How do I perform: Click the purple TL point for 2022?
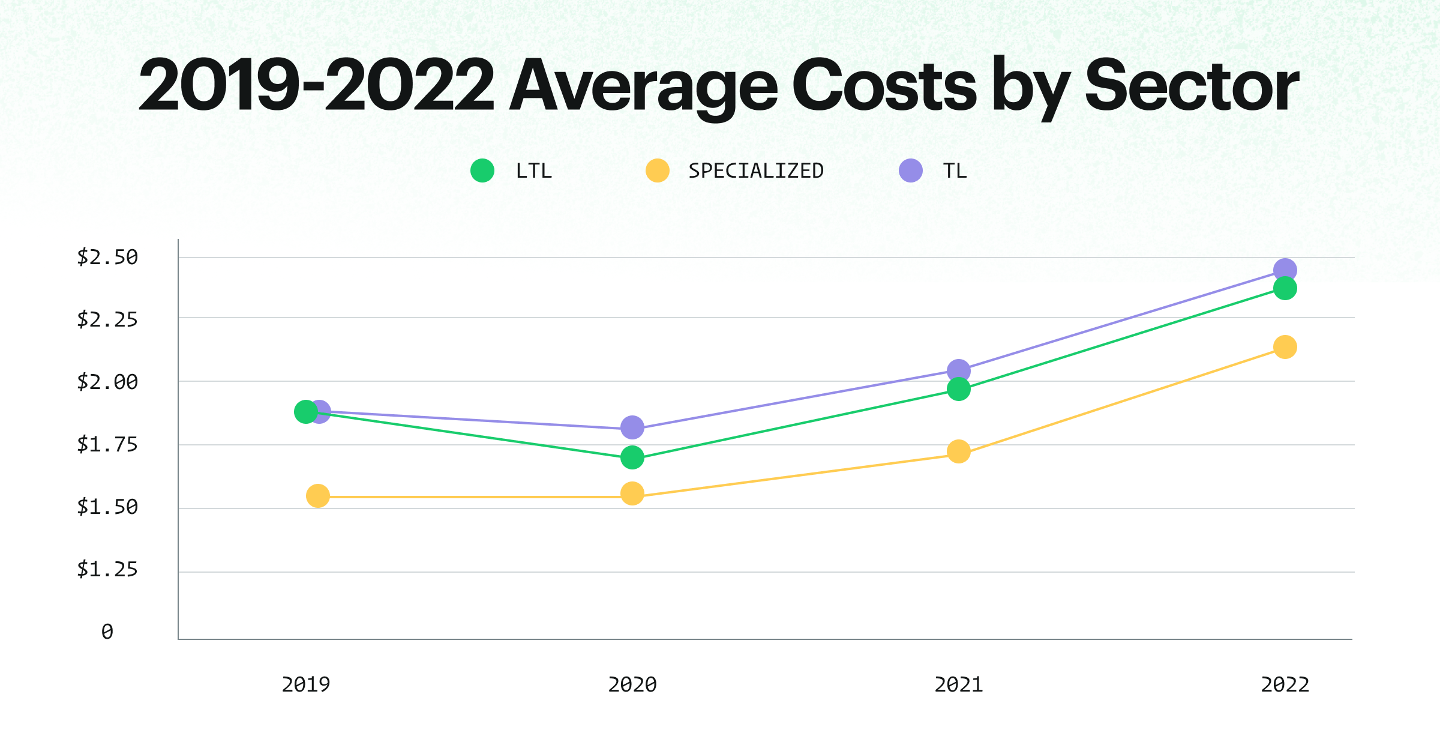point(1285,270)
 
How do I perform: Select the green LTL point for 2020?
point(632,457)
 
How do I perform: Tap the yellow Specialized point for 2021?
point(958,451)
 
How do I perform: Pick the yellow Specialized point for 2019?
point(317,496)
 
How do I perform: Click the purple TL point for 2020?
point(632,427)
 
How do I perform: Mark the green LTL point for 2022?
point(1285,288)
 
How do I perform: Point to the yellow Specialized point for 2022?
point(1285,347)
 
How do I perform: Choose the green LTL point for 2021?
point(958,389)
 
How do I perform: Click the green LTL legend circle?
point(482,170)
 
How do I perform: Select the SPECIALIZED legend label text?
point(755,171)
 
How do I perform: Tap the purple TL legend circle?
point(910,170)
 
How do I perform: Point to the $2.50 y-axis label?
point(107,257)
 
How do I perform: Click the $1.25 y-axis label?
point(107,569)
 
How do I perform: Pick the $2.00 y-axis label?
point(107,382)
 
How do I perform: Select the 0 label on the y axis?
point(107,632)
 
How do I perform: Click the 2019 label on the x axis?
point(306,684)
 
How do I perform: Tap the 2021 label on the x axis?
point(958,684)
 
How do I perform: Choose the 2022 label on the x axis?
point(1285,684)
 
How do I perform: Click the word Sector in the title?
point(1192,86)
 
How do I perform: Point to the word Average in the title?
point(643,86)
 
